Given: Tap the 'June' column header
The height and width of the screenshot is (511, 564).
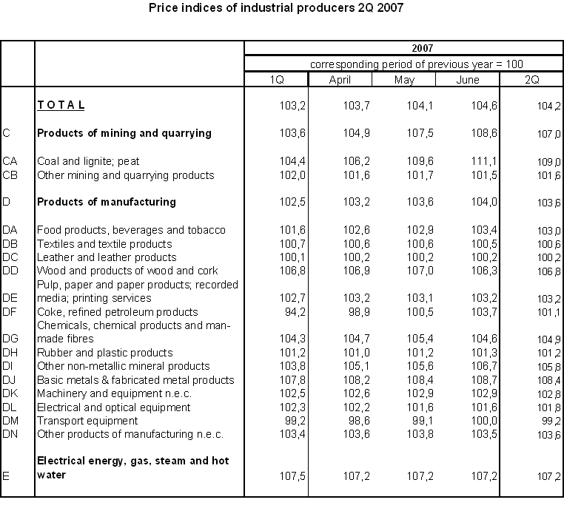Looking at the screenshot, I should (467, 80).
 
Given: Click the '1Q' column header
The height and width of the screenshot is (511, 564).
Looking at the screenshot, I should (275, 80).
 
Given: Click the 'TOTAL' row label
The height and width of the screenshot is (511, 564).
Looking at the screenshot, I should (61, 106).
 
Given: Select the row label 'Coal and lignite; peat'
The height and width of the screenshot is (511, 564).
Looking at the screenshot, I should (88, 161).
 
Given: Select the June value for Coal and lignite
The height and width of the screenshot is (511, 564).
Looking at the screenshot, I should (485, 161).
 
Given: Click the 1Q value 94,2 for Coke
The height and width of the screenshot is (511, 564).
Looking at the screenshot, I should (294, 312).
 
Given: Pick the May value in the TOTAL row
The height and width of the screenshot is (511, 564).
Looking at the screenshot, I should (421, 106).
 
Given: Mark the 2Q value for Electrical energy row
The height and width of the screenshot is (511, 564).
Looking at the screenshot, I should (548, 476).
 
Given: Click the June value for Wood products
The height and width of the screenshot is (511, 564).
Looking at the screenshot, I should (485, 271).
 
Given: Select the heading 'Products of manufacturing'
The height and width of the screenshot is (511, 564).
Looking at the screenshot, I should (107, 202).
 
